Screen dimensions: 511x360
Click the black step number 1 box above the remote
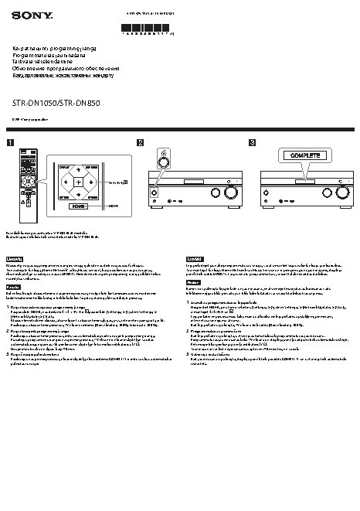click(x=11, y=142)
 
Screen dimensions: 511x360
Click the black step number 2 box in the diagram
click(x=140, y=142)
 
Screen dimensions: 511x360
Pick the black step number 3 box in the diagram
click(x=252, y=142)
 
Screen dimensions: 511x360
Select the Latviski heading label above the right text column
click(x=195, y=257)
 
